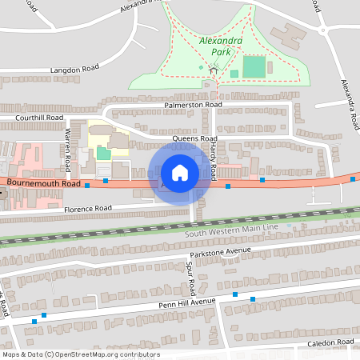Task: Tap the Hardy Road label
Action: click(214, 156)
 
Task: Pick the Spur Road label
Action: click(190, 275)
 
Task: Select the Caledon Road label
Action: click(330, 342)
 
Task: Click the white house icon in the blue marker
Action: click(180, 173)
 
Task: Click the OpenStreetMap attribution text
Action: click(80, 354)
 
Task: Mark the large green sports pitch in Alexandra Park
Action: click(254, 66)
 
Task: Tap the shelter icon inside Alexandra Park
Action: click(214, 70)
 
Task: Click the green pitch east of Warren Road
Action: click(104, 152)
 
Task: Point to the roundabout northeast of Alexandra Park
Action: click(326, 31)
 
